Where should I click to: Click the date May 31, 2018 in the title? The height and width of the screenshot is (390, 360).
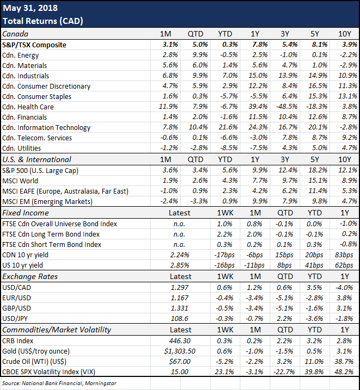tap(30, 8)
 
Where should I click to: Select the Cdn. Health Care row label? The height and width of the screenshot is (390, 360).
tap(28, 107)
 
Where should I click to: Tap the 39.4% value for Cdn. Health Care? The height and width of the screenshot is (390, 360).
tap(258, 107)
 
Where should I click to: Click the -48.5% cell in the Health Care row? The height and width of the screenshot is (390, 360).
tap(287, 107)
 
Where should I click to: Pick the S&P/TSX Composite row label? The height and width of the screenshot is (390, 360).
tap(34, 45)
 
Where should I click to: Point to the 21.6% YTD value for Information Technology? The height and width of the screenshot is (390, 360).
tap(228, 127)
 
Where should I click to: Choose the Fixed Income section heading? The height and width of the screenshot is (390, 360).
tap(26, 213)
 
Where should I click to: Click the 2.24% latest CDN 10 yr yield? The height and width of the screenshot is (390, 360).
tap(180, 255)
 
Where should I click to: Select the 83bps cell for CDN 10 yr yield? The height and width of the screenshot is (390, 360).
tap(344, 255)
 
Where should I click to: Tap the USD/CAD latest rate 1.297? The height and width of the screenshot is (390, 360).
tap(180, 288)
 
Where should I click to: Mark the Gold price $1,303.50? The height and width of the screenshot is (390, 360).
tap(180, 351)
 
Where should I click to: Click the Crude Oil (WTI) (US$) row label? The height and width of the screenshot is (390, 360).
tap(34, 362)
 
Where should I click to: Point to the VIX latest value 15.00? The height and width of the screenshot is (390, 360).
tap(180, 372)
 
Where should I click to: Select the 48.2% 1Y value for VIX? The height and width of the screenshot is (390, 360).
tap(344, 372)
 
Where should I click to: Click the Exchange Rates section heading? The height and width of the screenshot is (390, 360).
tap(30, 276)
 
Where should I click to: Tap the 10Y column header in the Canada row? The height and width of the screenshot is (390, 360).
tap(345, 34)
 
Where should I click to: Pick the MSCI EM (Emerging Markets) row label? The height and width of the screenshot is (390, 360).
tap(47, 201)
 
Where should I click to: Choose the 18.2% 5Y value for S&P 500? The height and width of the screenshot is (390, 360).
tap(318, 170)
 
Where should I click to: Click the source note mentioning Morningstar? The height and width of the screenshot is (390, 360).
tap(59, 383)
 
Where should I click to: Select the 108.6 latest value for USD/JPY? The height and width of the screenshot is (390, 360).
tap(180, 319)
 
